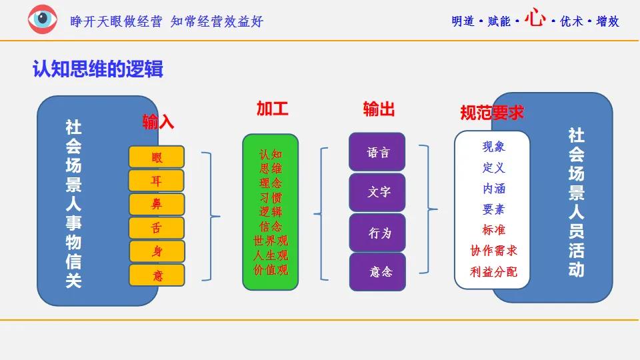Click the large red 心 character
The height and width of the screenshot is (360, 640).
click(x=534, y=19)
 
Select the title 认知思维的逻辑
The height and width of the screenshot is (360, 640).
click(x=98, y=69)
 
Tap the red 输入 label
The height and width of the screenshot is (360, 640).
click(x=158, y=121)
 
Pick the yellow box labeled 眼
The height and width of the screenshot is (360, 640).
click(x=157, y=157)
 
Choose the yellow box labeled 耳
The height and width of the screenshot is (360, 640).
click(x=157, y=181)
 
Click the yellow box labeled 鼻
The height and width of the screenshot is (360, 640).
click(x=157, y=204)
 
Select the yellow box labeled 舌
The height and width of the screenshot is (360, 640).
click(x=157, y=228)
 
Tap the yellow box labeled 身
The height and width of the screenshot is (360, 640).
click(x=157, y=251)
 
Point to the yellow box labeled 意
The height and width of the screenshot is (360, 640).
click(x=157, y=275)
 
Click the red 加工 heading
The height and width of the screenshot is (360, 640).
click(x=272, y=109)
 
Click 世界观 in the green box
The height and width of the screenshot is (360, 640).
click(x=271, y=241)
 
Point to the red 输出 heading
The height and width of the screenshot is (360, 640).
click(x=379, y=109)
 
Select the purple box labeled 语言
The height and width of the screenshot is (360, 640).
click(x=377, y=152)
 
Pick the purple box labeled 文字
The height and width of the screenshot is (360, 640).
click(x=377, y=193)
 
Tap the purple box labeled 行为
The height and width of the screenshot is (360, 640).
click(x=377, y=233)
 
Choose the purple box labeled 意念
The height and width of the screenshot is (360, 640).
click(x=377, y=272)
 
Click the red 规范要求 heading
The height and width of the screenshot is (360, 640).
click(x=491, y=113)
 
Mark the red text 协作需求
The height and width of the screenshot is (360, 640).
click(x=493, y=251)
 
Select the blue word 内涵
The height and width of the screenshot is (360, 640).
click(x=493, y=189)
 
